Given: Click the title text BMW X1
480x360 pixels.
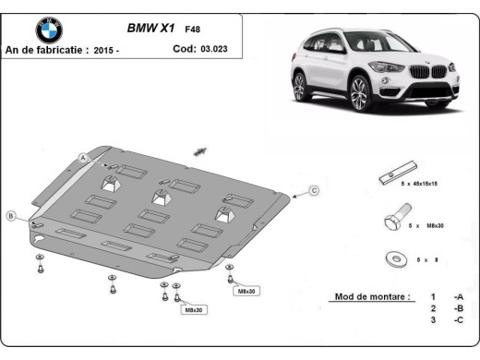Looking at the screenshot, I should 149,29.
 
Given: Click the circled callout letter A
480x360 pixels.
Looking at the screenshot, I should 83,158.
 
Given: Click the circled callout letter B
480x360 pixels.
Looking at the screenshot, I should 12,216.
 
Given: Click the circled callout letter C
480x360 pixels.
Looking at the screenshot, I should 314,190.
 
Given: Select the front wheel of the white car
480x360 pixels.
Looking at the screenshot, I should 361,92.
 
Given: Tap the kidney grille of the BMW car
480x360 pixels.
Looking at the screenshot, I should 420,71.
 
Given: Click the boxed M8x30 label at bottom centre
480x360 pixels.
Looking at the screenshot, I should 194,310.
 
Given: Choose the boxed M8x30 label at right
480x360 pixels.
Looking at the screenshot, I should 246,292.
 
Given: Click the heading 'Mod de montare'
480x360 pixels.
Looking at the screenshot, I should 366,298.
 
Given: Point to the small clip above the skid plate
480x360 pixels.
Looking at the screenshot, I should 200,150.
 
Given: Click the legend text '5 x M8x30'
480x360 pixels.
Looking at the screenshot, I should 428,225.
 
